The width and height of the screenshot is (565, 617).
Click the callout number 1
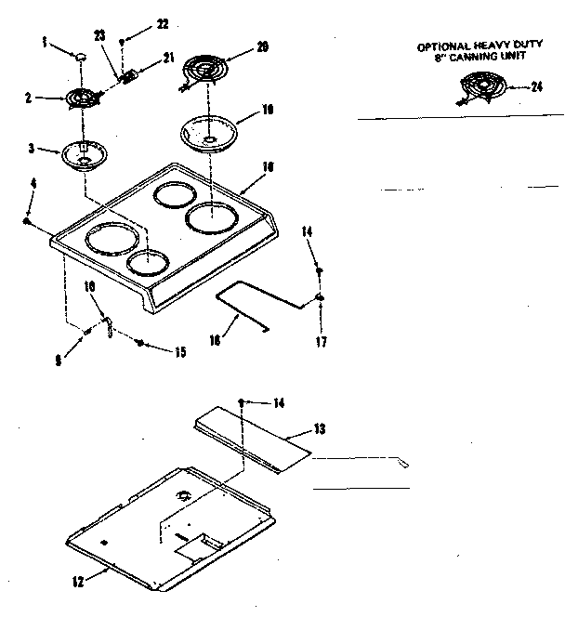[45, 42]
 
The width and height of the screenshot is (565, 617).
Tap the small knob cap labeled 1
[81, 57]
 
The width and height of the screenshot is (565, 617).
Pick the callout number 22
[164, 22]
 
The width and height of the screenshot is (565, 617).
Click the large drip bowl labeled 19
[209, 131]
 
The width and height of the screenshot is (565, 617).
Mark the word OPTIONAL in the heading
[442, 46]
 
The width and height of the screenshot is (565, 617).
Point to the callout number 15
[180, 350]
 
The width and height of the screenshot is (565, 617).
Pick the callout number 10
[90, 287]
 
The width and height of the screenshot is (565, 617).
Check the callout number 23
[99, 35]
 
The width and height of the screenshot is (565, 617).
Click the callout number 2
[28, 96]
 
